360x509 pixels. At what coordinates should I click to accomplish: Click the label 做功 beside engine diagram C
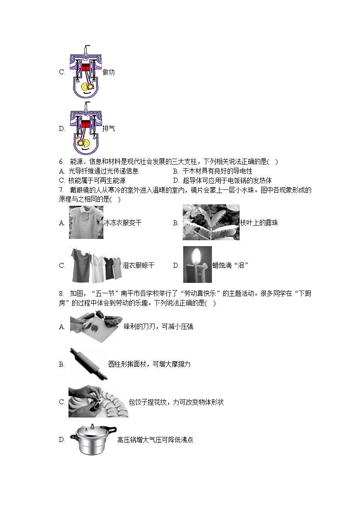point(108,72)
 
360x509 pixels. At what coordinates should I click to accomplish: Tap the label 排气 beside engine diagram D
point(108,128)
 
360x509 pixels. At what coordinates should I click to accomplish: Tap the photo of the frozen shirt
point(86,223)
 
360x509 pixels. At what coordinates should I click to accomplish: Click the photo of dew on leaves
point(211,223)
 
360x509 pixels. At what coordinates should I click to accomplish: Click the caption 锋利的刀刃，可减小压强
point(158,326)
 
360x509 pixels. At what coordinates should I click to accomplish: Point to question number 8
point(61,294)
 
